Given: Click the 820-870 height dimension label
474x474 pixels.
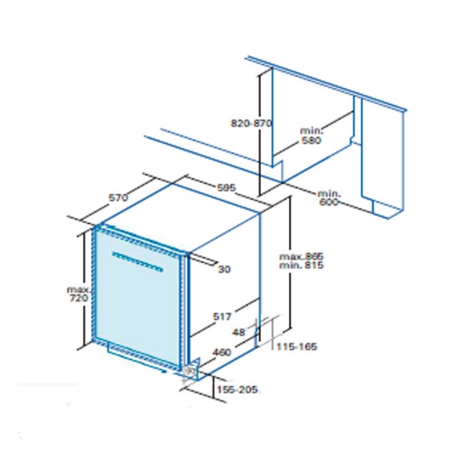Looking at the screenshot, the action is tap(251, 123).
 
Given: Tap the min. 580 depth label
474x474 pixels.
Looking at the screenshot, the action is tap(312, 136).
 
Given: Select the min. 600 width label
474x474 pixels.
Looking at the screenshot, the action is tap(329, 198).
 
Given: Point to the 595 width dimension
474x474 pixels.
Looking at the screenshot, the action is tap(226, 188).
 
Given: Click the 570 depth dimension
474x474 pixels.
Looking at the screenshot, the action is tap(118, 198).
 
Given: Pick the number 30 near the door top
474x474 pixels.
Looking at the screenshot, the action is tap(225, 269).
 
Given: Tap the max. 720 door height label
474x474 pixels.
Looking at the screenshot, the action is tap(78, 294).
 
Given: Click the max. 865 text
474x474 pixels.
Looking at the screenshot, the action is tap(301, 257).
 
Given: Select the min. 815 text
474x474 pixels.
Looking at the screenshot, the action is tap(301, 265).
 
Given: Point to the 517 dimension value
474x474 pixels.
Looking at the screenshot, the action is tap(222, 316).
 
